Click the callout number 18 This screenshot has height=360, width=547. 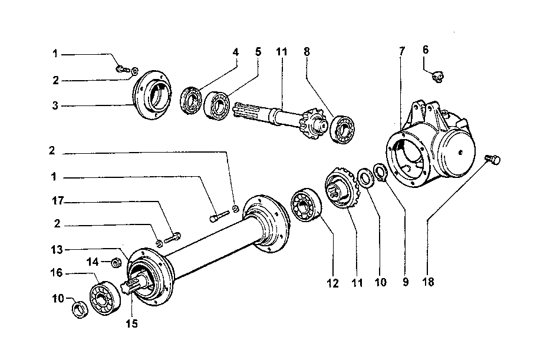(x=428, y=282)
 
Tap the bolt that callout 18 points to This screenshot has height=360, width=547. (x=493, y=160)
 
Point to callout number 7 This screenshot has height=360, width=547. (x=402, y=51)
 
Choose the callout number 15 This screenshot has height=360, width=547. (x=131, y=323)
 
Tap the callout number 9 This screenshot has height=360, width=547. (x=405, y=282)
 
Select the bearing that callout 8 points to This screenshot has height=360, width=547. (x=342, y=130)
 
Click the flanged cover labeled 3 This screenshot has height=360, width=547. (x=152, y=94)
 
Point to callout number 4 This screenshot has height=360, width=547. (x=235, y=52)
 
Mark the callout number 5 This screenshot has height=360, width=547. (x=258, y=52)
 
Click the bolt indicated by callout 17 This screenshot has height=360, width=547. (x=172, y=237)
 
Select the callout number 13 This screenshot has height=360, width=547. (x=57, y=250)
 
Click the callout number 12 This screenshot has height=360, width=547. (x=333, y=283)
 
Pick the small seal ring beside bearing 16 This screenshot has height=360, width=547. (x=80, y=309)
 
